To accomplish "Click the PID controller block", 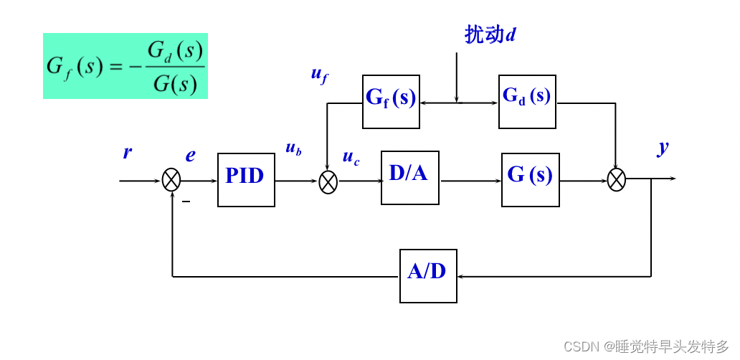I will coord(246,180).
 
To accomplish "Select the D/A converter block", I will coord(409,177).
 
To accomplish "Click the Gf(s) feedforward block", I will coord(391,102).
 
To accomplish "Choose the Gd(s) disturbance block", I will coord(527,102).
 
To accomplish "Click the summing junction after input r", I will coord(171,180).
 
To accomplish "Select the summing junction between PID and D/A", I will coord(328,182).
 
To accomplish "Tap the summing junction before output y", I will coord(616,179).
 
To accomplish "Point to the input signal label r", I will coord(127,153).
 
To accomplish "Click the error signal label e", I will coord(190,156).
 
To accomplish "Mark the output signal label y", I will coord(663,147).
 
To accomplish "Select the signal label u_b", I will coord(293,148).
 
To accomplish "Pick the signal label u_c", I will coord(351,158).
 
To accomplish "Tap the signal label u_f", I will coord(319,74).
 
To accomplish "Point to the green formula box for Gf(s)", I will coord(125,66).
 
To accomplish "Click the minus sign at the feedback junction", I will coord(186,202).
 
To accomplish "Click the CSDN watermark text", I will coord(645,347).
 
